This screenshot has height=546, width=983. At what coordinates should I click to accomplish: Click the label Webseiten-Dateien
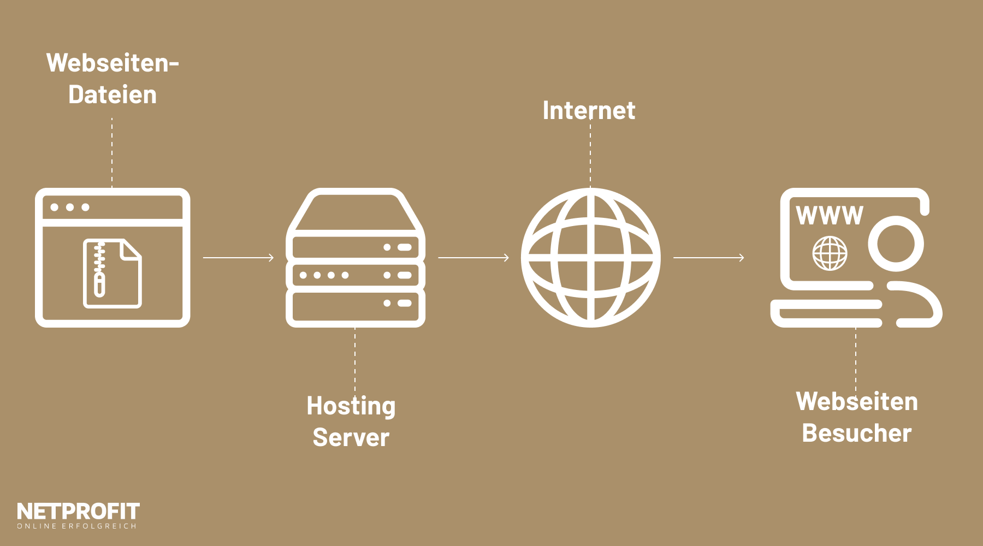(112, 79)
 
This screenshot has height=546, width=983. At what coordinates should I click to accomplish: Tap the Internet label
(589, 111)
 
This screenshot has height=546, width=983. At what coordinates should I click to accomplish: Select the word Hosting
(351, 406)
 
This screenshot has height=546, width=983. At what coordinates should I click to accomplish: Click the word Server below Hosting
(351, 438)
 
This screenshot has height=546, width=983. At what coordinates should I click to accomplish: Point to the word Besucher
(856, 434)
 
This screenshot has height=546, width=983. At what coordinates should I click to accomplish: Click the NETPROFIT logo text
(78, 512)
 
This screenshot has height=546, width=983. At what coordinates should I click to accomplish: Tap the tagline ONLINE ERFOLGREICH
(76, 526)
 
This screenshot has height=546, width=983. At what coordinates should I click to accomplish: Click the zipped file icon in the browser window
(112, 273)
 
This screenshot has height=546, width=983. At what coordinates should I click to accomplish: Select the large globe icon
(590, 258)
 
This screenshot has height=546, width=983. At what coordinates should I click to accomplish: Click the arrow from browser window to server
(238, 258)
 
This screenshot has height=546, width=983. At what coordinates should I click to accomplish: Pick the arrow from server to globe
(473, 258)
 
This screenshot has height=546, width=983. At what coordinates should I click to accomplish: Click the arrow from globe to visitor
(709, 258)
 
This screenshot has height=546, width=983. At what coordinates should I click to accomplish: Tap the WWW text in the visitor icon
(829, 216)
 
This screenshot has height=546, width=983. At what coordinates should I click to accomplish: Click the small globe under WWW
(830, 253)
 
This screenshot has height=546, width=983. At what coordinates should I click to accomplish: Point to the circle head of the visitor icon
(896, 244)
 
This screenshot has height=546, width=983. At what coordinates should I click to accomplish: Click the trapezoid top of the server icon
(356, 210)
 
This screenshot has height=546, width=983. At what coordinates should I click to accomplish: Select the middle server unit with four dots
(356, 275)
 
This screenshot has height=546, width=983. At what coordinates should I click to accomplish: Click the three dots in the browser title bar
(70, 207)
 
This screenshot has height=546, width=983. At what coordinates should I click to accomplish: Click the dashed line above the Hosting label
(355, 360)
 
